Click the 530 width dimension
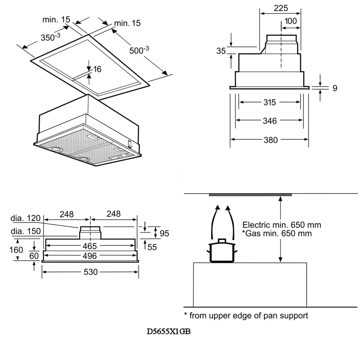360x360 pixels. click(91, 272)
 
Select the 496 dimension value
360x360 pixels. click(90, 256)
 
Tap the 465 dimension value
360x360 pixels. click(90, 246)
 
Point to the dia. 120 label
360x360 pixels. click(25, 218)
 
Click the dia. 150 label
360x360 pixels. click(25, 231)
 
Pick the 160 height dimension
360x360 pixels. click(16, 250)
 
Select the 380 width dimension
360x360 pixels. click(271, 140)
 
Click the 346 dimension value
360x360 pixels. click(270, 121)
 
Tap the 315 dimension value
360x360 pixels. click(269, 102)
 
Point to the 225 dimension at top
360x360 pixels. click(281, 8)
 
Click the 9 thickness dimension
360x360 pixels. click(335, 88)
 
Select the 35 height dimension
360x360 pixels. click(221, 51)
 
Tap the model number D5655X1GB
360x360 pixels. click(169, 332)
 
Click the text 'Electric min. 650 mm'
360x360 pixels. click(281, 225)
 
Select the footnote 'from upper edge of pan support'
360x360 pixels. click(248, 316)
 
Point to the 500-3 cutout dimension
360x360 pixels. click(139, 50)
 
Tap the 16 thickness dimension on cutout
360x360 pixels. click(97, 70)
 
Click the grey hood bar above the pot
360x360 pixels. click(250, 195)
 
